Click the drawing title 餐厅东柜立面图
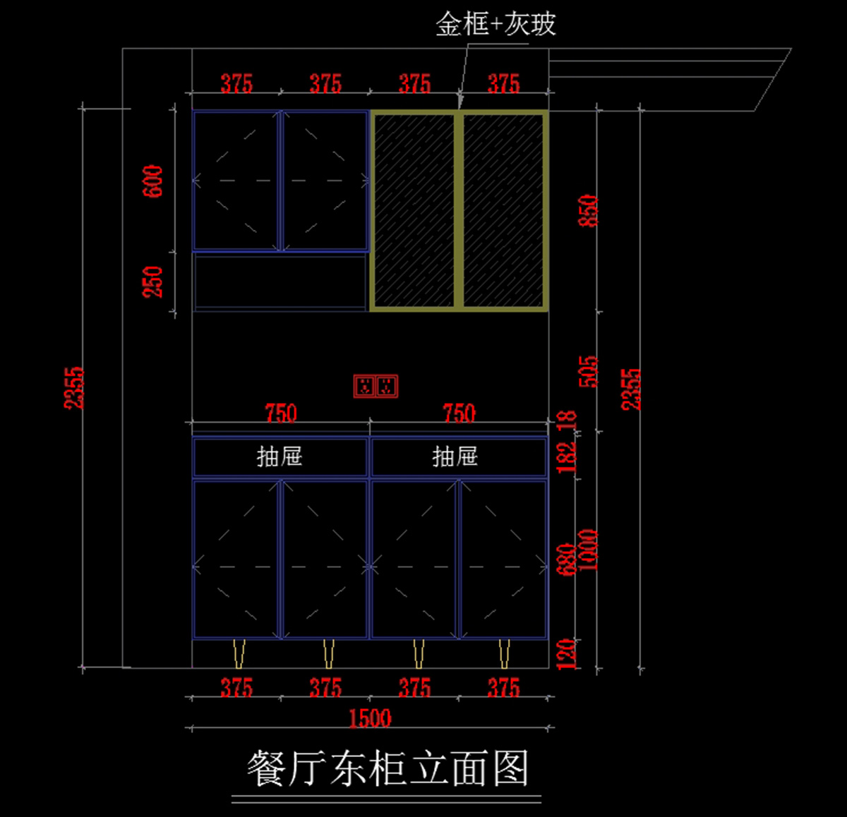[x=388, y=768]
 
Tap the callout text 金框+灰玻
[x=495, y=25]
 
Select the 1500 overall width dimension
[x=370, y=718]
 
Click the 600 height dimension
[x=153, y=181]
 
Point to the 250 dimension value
[x=153, y=282]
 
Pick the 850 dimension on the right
[x=589, y=210]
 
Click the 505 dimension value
[x=589, y=371]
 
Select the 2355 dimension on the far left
[x=74, y=387]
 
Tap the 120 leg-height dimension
[x=567, y=653]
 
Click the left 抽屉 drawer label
[x=280, y=456]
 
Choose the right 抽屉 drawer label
[x=455, y=456]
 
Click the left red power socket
[x=366, y=386]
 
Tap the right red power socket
[x=386, y=386]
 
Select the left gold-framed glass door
[x=414, y=210]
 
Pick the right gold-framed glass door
[x=503, y=210]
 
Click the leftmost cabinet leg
[x=239, y=653]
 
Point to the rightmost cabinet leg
[x=504, y=653]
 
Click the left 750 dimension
[x=281, y=412]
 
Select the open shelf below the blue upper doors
[x=280, y=281]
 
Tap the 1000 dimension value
[x=589, y=550]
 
